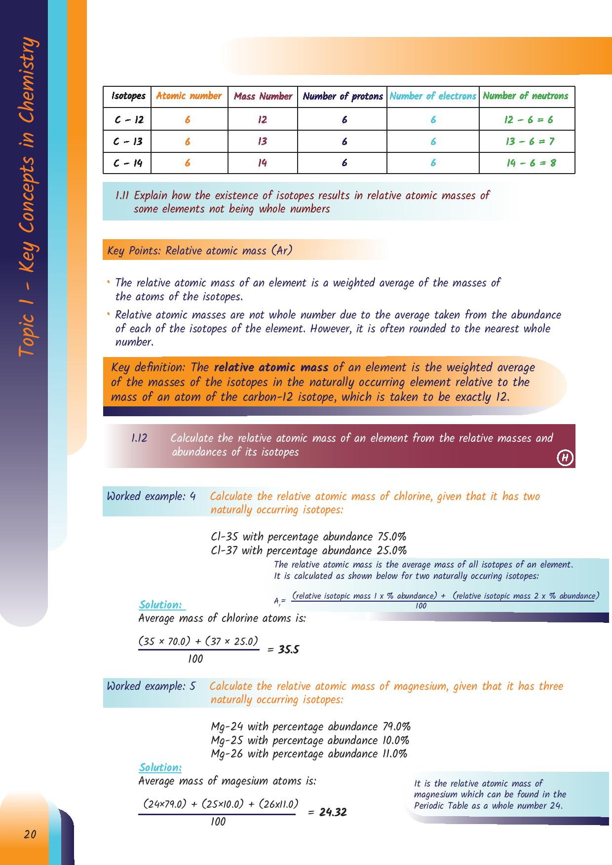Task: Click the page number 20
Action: coord(30,834)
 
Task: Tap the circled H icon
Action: coord(565,458)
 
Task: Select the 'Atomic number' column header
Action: coord(189,96)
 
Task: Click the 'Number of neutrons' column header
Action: coord(526,96)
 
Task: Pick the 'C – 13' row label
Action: coord(127,142)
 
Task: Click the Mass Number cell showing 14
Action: coord(262,163)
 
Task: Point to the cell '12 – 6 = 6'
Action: coord(529,119)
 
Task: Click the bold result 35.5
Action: coord(289,649)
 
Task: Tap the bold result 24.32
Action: coord(333,812)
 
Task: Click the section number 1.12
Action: coord(139,438)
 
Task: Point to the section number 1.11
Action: coord(122,195)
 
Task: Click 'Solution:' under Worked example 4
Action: coord(160,605)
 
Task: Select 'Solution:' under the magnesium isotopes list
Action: coord(160,767)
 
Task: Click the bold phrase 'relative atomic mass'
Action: coord(271,367)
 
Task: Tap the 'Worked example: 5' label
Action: coord(151,686)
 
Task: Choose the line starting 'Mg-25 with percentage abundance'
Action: coord(309,740)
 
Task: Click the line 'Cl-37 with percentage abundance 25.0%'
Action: coord(308,550)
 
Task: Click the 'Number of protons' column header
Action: coord(343,96)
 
